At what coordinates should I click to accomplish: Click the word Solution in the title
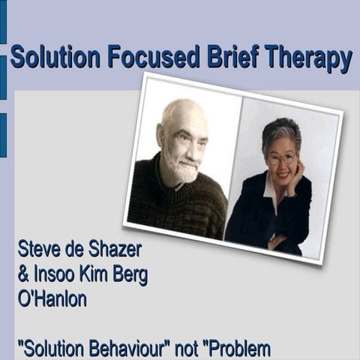pos(52,57)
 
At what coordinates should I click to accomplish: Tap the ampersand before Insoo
pos(24,274)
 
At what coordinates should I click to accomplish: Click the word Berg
pos(127,275)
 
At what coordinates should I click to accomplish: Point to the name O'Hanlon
pos(52,298)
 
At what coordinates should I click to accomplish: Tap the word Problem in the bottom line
pos(241,349)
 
